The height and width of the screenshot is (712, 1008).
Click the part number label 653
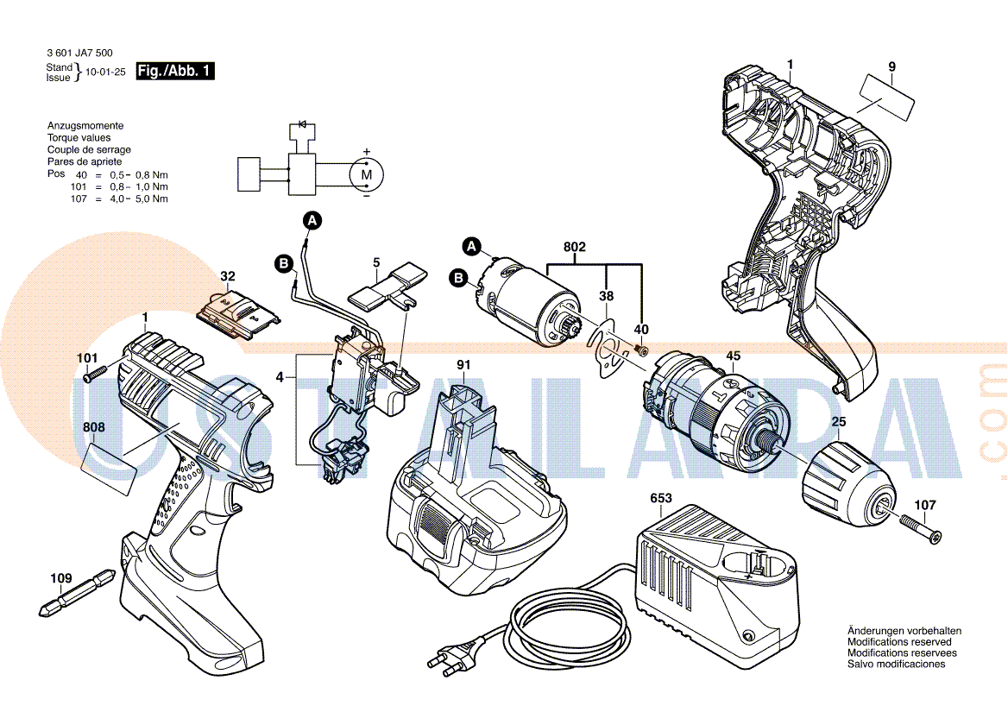(660, 498)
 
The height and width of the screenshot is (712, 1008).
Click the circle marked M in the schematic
(366, 174)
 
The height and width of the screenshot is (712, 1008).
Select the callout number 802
(575, 247)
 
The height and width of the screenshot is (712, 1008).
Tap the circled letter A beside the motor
(471, 247)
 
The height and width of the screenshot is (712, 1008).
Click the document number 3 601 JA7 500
(79, 53)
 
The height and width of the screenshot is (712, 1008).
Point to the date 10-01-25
(105, 72)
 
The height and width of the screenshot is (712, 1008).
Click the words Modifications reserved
(899, 642)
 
